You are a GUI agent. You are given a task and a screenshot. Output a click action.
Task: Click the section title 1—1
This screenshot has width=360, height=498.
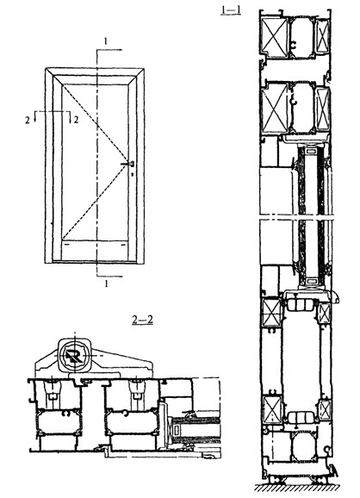tap(231, 10)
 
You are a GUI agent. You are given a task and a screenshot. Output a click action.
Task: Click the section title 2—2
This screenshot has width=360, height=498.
tap(143, 320)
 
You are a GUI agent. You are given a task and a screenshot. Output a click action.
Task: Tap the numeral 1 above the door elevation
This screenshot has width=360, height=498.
tap(106, 41)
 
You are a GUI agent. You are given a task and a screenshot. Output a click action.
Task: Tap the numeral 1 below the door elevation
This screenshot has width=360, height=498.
tap(106, 283)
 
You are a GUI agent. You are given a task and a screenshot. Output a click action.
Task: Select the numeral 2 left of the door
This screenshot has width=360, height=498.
tap(28, 120)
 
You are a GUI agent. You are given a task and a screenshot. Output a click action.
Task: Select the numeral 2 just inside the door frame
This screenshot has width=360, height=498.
tap(76, 120)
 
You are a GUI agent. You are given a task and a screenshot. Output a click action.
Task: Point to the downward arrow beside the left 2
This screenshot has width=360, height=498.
tap(35, 116)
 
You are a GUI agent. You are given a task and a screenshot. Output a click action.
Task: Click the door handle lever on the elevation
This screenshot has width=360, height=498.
tap(127, 164)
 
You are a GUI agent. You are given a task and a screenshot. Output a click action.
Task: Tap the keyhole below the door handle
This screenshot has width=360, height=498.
tap(132, 174)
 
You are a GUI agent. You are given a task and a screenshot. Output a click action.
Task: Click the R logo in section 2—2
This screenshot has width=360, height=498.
tap(75, 355)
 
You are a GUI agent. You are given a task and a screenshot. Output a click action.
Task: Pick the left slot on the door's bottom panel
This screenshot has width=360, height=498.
tap(66, 246)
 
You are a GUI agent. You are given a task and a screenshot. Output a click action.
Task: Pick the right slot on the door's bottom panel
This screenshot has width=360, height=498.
tap(123, 246)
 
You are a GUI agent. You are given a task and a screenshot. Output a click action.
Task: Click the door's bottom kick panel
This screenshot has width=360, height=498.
tap(95, 251)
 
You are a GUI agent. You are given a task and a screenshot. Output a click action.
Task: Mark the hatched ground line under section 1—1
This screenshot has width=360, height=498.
tap(297, 488)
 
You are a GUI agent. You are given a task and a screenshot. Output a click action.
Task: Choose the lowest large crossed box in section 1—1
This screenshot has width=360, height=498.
tap(273, 410)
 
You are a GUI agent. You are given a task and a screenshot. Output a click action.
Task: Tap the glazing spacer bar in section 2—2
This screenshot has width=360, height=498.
tap(177, 431)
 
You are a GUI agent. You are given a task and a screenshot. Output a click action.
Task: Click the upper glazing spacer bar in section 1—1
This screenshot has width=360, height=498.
tap(310, 152)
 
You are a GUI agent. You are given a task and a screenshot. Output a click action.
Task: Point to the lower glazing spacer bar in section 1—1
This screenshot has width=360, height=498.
tap(312, 281)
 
